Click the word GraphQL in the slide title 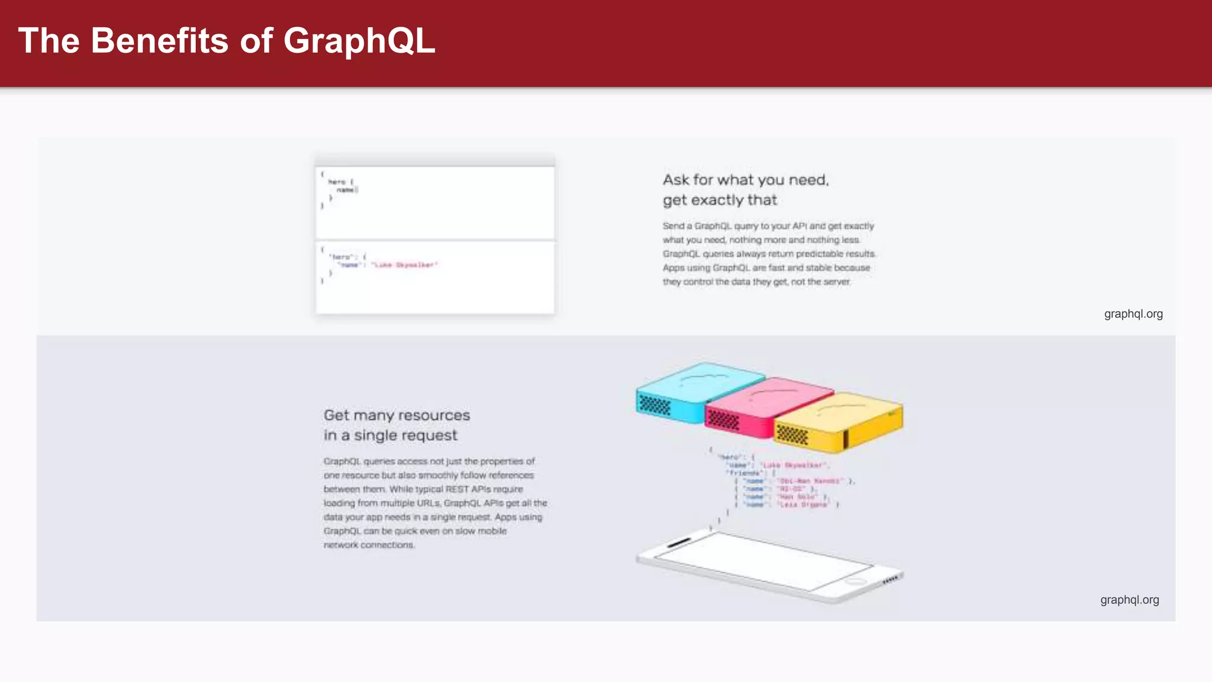click(x=359, y=41)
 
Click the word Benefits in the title click(x=159, y=41)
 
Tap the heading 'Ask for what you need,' click(x=745, y=180)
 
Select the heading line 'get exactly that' click(x=720, y=200)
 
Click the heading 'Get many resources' click(x=397, y=416)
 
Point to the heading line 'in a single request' click(x=390, y=436)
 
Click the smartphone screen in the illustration click(x=763, y=559)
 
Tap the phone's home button click(x=855, y=582)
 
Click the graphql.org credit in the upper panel click(x=1133, y=314)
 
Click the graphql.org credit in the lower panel click(x=1129, y=600)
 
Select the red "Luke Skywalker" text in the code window click(x=405, y=265)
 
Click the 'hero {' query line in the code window click(x=340, y=182)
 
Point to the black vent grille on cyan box click(x=655, y=406)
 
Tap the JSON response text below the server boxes click(x=781, y=481)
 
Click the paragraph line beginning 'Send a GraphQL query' click(x=768, y=226)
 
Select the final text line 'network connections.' click(x=369, y=545)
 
